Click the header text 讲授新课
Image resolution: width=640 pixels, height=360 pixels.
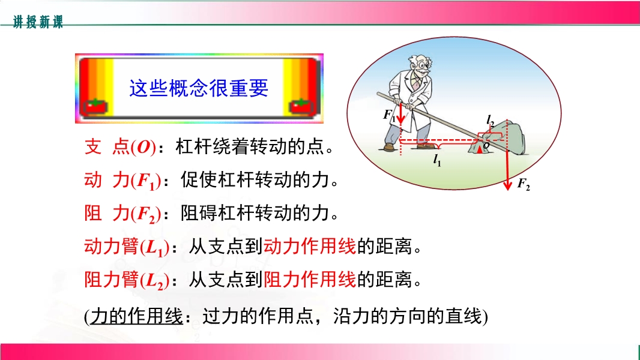[38, 22]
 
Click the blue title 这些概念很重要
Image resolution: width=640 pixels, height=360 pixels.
[199, 88]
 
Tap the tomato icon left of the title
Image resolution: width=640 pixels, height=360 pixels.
[95, 107]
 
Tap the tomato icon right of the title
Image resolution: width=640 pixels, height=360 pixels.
[302, 107]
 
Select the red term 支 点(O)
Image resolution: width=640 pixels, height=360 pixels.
[120, 147]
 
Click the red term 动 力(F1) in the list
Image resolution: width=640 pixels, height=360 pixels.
[122, 180]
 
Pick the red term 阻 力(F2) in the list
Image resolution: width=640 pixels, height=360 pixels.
[122, 214]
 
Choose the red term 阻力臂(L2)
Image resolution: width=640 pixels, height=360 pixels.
[127, 280]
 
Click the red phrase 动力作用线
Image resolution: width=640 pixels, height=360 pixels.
[310, 246]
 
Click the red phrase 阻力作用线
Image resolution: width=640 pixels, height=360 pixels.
[310, 280]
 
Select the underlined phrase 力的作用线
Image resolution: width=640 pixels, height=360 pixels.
[136, 316]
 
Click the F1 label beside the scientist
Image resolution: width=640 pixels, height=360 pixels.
[388, 115]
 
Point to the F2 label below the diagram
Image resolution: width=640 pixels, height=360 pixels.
[524, 184]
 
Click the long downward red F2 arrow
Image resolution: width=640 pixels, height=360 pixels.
[507, 155]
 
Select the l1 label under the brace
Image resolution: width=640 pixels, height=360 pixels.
[436, 160]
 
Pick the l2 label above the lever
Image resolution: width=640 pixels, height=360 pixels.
[490, 120]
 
